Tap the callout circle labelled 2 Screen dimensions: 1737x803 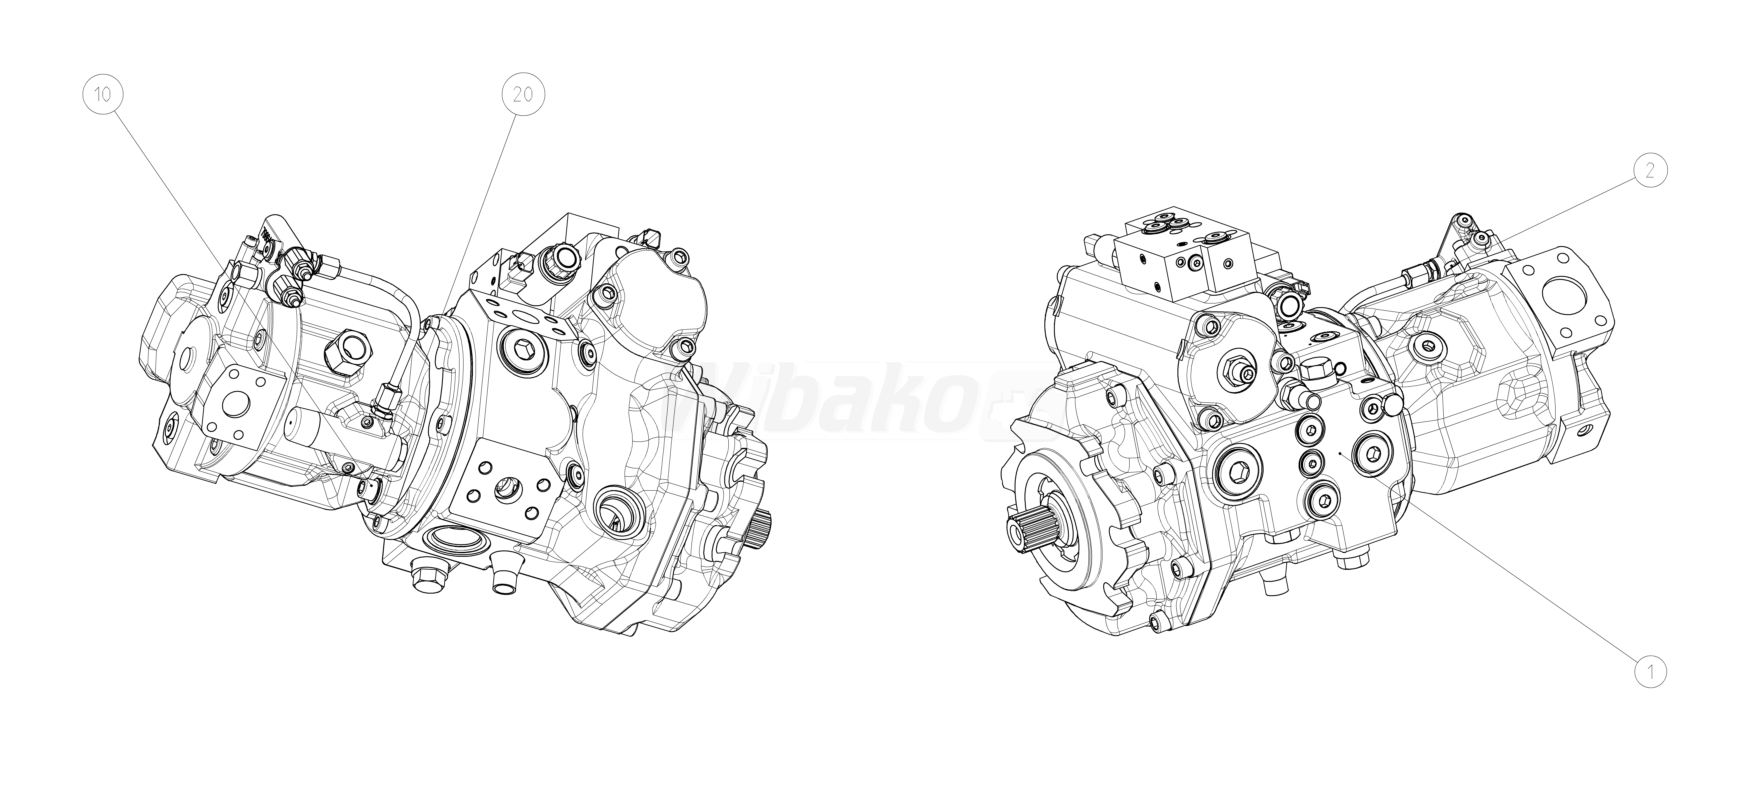tap(1649, 171)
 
